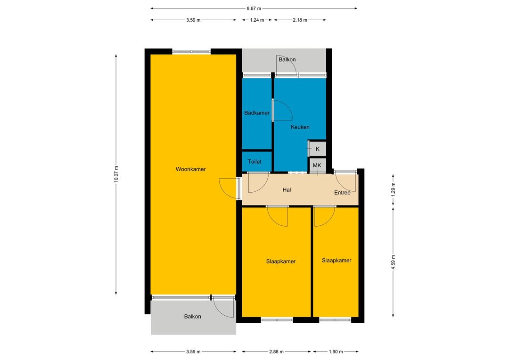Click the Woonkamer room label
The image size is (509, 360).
190,169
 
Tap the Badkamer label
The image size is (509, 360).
257,113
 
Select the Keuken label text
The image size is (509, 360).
300,127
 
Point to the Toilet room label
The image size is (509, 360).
254,161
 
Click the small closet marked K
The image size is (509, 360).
318,149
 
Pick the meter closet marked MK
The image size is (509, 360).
317,165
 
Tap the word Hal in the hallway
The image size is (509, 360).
287,190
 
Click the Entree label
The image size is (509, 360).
342,193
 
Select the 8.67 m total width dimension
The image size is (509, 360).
254,8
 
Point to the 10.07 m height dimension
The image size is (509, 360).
116,174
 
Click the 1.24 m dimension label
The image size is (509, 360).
257,20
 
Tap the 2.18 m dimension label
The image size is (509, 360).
300,20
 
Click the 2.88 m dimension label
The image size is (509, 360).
276,352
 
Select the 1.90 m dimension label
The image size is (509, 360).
336,352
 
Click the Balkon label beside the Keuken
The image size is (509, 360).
287,59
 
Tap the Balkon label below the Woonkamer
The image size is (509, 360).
192,317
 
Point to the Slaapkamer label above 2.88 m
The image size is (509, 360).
281,262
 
